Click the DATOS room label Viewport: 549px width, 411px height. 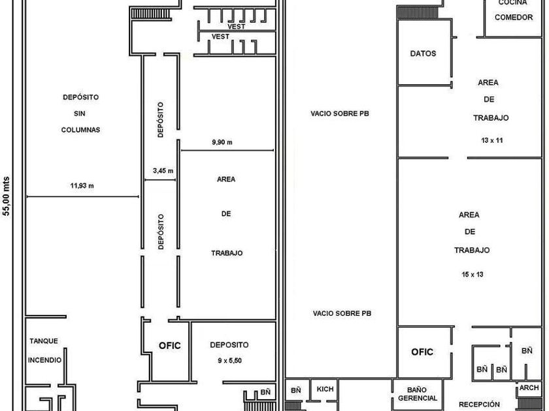[x=423, y=53]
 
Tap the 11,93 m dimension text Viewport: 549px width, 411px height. [x=82, y=185]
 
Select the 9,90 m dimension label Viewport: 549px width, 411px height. [x=222, y=142]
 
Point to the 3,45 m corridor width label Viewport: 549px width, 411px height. [x=163, y=171]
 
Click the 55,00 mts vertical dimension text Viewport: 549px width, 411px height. [x=7, y=196]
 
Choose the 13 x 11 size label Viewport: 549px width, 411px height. [x=492, y=140]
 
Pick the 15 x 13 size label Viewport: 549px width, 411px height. [x=473, y=275]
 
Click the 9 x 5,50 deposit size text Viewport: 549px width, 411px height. [x=229, y=360]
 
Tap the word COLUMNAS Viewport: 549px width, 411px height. [x=80, y=130]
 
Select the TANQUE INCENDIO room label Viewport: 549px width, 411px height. [x=44, y=350]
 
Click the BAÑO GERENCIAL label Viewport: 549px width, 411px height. [x=418, y=394]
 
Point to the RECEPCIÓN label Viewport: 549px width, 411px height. [x=479, y=404]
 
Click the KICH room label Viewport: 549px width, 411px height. [x=325, y=389]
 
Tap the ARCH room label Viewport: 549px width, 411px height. [x=529, y=388]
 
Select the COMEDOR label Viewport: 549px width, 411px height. [x=514, y=17]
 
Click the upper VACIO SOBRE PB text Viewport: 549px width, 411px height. [x=340, y=114]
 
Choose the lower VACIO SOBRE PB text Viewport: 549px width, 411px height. [x=342, y=314]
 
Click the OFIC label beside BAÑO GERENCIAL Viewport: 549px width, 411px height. [x=422, y=352]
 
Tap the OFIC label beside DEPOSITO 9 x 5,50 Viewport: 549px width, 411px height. [x=170, y=346]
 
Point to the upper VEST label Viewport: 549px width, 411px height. [x=237, y=26]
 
